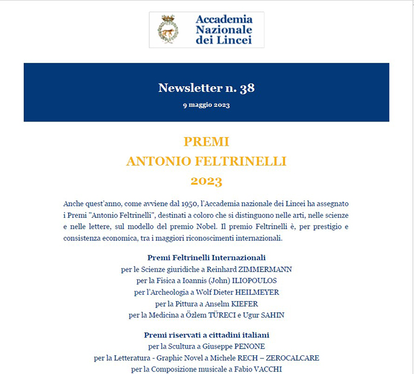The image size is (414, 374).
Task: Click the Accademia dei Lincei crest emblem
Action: coord(167,29)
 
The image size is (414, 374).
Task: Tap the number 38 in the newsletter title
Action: coord(247,88)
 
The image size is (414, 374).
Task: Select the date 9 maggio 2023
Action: coord(206,105)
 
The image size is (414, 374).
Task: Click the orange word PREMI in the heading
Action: coord(206,142)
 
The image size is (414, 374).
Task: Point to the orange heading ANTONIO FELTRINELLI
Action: coord(206,161)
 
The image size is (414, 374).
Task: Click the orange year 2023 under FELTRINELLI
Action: coord(206,180)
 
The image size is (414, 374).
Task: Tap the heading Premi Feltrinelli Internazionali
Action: coord(206,257)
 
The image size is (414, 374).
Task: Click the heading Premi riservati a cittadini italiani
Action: coord(206,335)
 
